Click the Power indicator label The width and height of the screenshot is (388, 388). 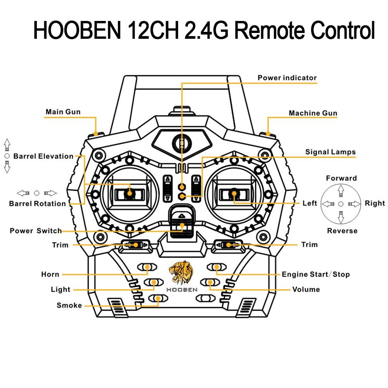[x=287, y=78]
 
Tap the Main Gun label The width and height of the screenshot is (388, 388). [x=63, y=112]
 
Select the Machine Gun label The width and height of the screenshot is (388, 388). [x=313, y=113]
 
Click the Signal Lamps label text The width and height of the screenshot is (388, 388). [x=330, y=152]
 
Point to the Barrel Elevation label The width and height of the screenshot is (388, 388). [x=43, y=156]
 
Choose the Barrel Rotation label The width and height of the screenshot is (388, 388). [x=38, y=204]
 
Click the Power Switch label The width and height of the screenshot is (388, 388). [x=36, y=231]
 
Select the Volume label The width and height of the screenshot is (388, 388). [x=306, y=289]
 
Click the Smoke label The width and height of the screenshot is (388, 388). [x=69, y=305]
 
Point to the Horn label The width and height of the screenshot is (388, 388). [x=50, y=275]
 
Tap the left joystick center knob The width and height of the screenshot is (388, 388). [x=130, y=192]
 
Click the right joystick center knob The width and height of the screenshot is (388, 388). [x=234, y=193]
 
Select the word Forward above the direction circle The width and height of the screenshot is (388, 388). [x=341, y=178]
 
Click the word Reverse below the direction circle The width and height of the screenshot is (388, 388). [x=342, y=231]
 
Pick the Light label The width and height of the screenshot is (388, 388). [x=61, y=289]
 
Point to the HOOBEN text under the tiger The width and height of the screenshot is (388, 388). [x=182, y=289]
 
